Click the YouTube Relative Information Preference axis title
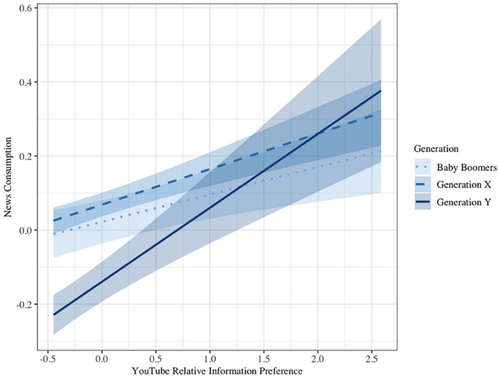click(216, 371)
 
